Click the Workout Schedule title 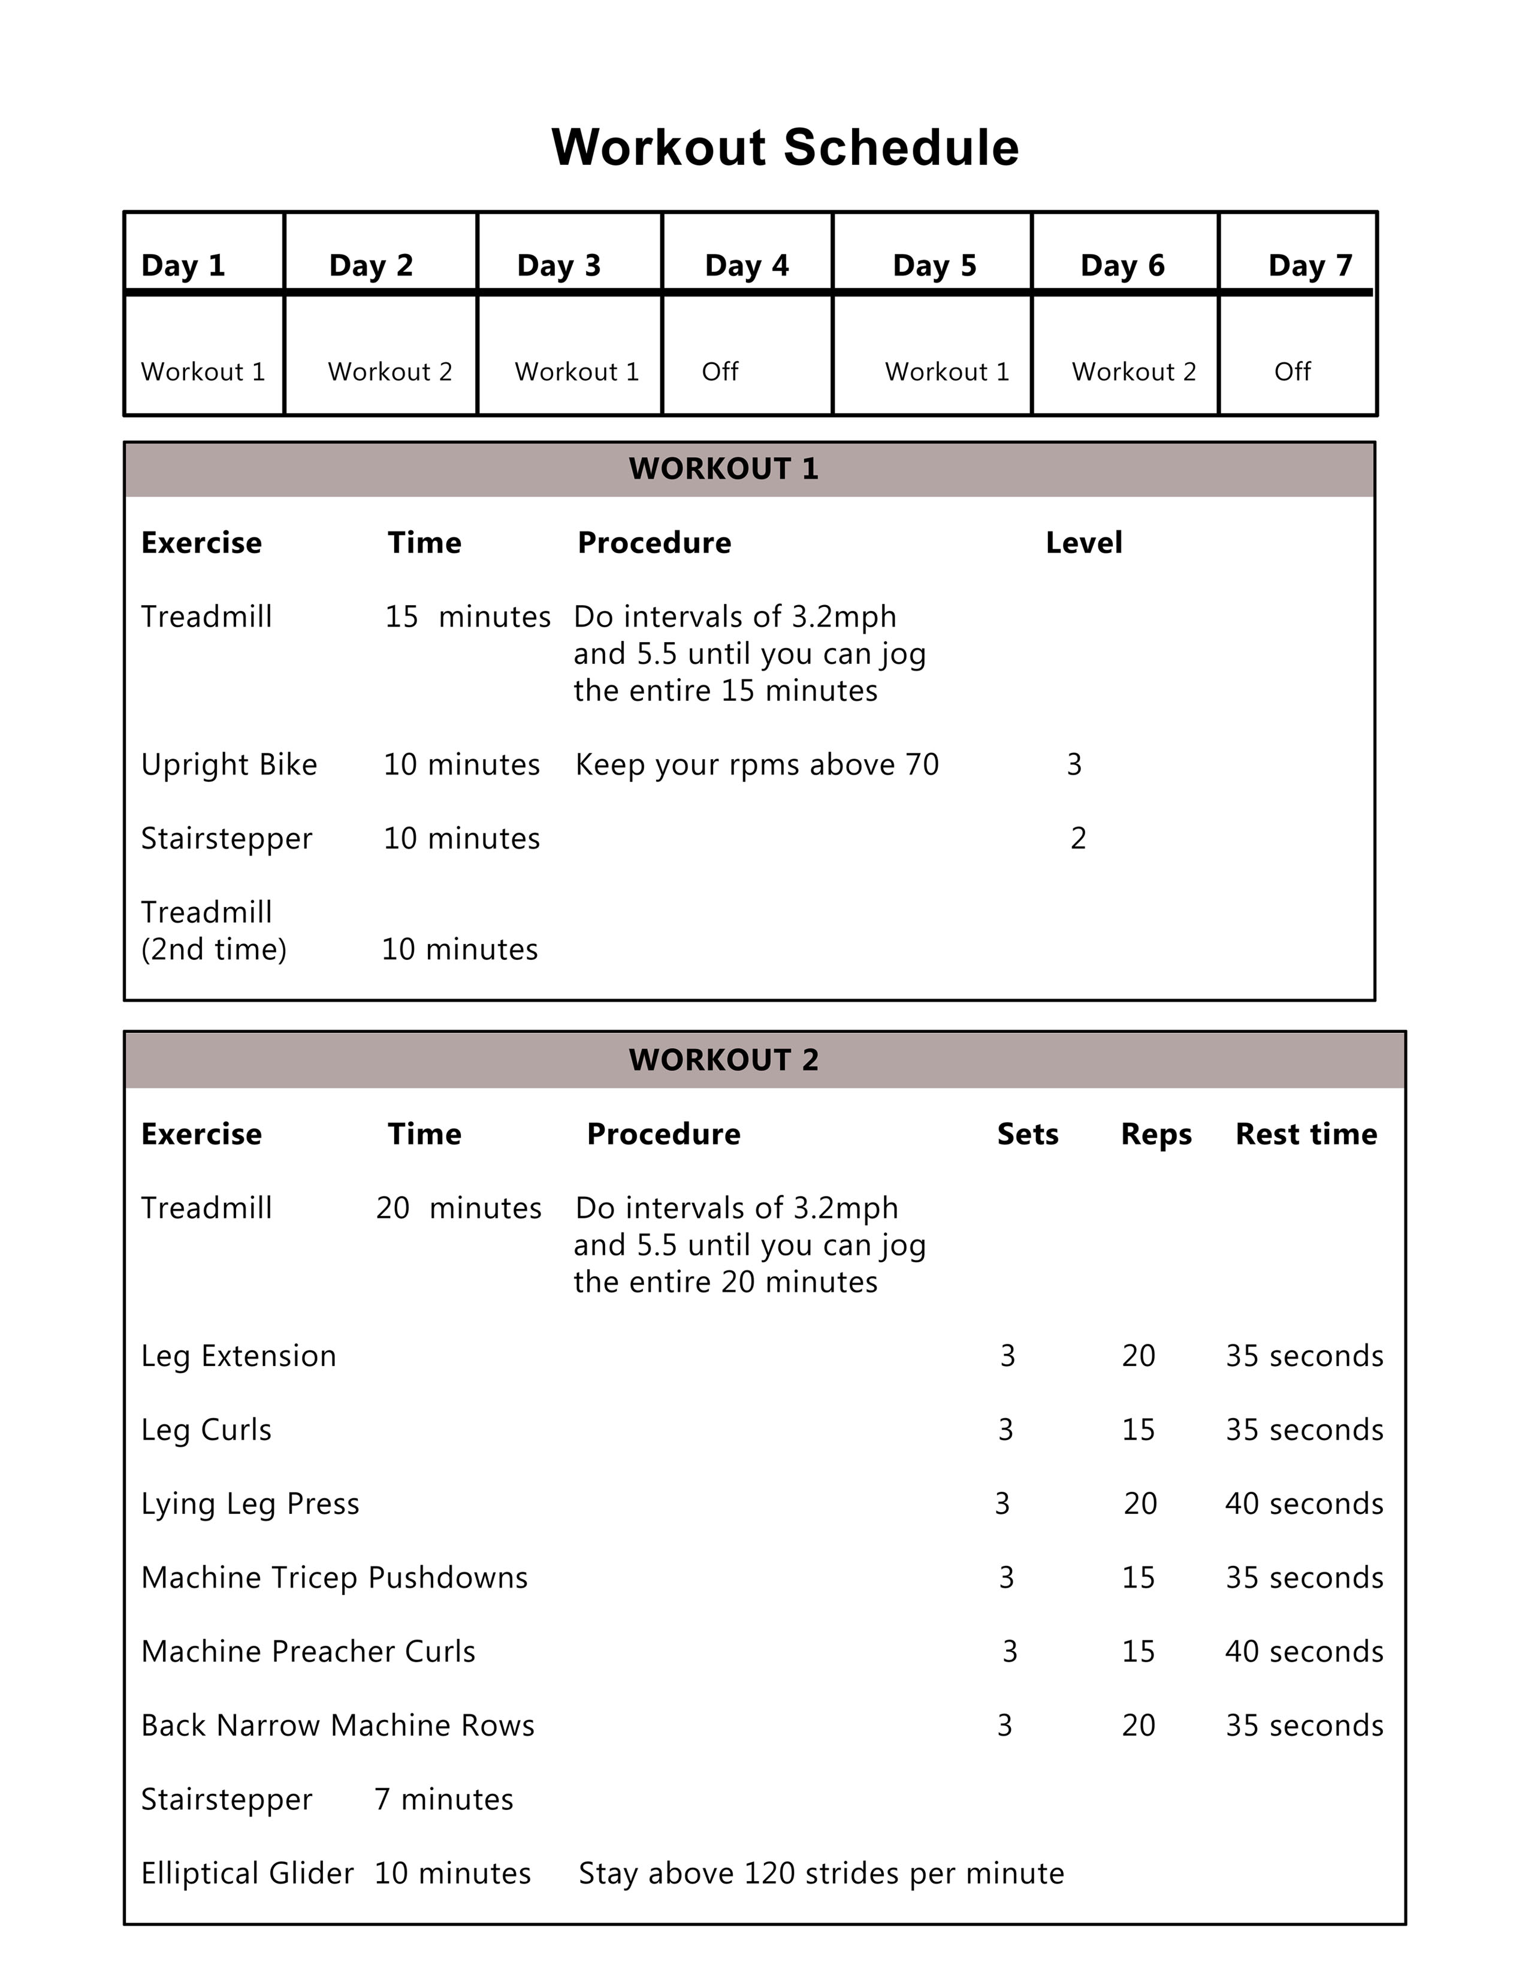785,147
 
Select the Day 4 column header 746,265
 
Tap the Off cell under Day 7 1292,371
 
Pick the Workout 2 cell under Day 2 389,371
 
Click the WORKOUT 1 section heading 723,469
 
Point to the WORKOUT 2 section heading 723,1060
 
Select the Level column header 1083,543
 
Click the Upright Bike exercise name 229,765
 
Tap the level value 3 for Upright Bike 1074,765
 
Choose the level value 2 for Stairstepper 1077,838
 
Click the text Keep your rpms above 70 757,765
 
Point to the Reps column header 1156,1134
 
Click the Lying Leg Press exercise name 250,1504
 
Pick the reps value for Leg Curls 1138,1429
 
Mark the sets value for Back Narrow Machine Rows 1004,1725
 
